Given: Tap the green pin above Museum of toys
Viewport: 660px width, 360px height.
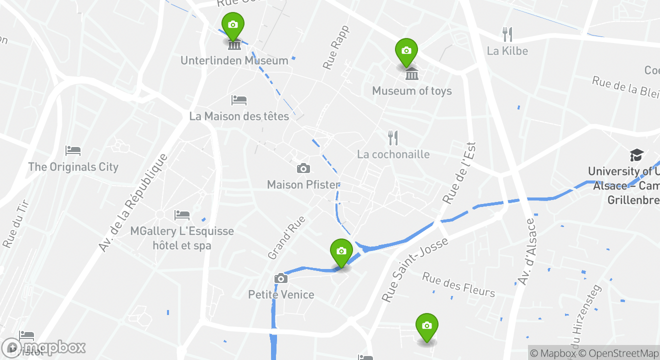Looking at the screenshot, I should (x=406, y=51).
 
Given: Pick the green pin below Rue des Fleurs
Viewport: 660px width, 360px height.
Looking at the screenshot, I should (x=426, y=326).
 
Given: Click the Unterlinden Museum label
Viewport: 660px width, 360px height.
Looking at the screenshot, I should (x=234, y=60).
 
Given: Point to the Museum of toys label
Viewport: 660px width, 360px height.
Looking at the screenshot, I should (x=411, y=91).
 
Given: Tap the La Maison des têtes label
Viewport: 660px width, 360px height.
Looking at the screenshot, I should (x=239, y=116).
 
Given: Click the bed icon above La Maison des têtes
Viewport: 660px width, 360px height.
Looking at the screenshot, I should (x=239, y=100).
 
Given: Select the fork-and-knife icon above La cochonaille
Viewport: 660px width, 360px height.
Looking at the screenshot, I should (x=393, y=138).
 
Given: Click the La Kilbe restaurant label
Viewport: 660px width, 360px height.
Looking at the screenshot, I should (x=507, y=51).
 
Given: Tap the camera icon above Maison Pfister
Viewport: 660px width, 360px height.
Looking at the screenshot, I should (x=303, y=168).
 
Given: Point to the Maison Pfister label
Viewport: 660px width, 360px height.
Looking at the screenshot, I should (x=303, y=185).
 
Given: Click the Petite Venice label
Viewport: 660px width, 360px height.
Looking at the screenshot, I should (x=281, y=294).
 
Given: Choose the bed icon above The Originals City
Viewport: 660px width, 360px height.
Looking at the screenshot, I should (x=73, y=150).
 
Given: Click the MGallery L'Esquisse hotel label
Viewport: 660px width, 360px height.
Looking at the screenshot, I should (x=182, y=238).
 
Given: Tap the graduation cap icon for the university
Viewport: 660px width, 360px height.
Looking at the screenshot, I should (x=636, y=155).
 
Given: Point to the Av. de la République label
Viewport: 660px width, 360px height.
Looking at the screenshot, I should (x=132, y=202).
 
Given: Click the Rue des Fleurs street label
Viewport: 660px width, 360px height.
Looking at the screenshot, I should (x=458, y=284).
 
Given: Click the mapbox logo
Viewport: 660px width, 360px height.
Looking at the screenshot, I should (x=44, y=348).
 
